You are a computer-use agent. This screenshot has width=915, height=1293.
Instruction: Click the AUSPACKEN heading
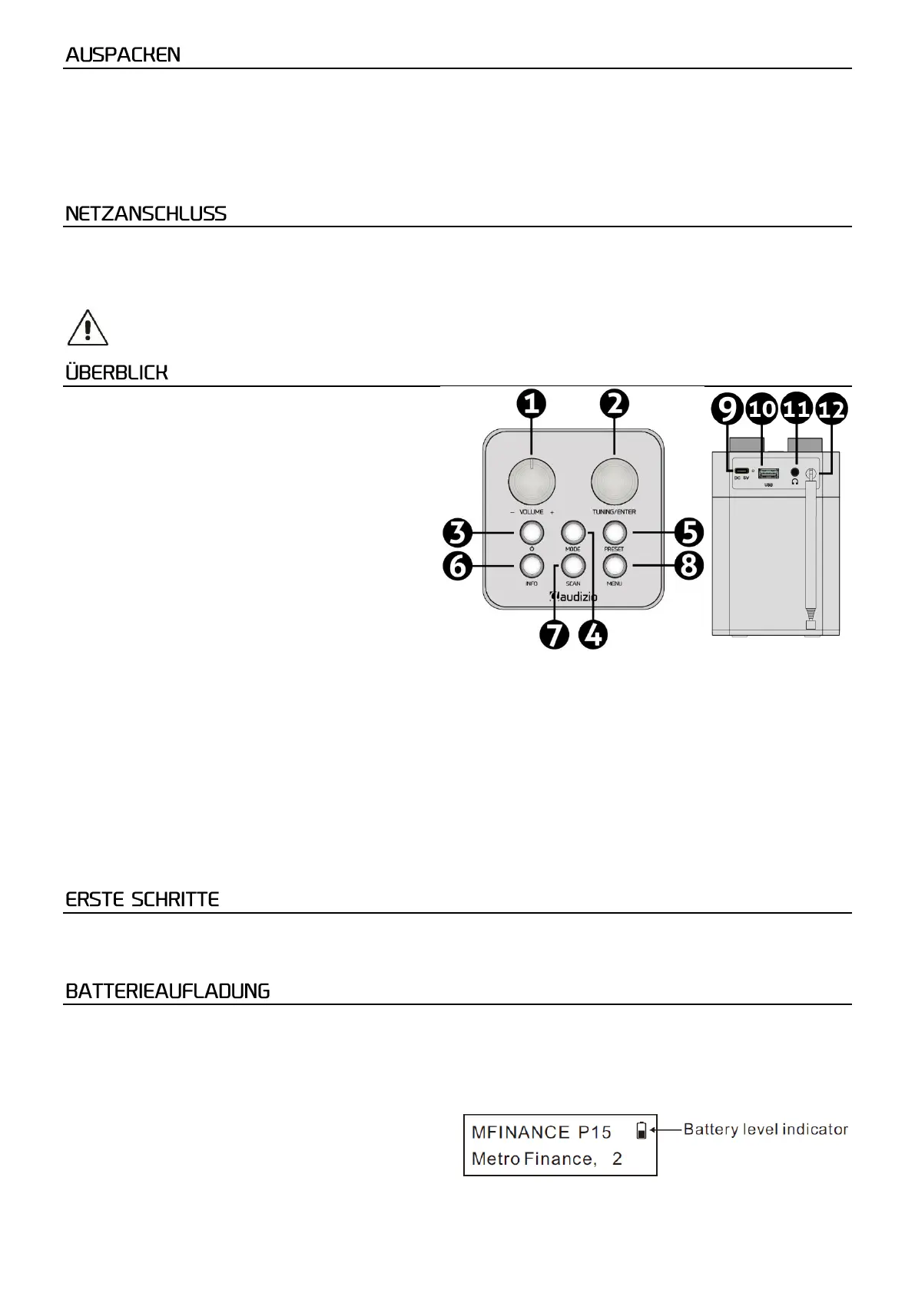coord(123,55)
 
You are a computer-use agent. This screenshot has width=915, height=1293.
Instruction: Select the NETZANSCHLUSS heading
coord(146,214)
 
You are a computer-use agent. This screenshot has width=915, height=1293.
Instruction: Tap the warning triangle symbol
coord(88,329)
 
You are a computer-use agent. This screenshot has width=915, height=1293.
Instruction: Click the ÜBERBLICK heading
coord(117,373)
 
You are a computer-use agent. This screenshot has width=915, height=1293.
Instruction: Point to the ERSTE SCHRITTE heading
coord(142,900)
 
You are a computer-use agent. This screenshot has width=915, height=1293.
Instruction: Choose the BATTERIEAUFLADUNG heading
coord(167,991)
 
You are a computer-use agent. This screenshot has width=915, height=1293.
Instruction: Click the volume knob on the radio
coord(531,482)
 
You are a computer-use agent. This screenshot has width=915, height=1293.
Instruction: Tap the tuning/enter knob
coord(614,482)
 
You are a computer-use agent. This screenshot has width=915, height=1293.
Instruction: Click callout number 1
coord(531,404)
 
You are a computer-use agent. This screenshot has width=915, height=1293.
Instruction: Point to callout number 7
coord(554,635)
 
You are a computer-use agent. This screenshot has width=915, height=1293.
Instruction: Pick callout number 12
coord(831,409)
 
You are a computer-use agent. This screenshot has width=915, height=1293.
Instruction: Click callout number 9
coord(727,409)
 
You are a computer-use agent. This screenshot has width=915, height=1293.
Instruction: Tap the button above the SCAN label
coord(572,566)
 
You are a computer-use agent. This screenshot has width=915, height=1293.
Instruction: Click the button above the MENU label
coord(615,566)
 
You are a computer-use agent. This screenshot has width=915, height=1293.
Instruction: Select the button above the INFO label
coord(531,566)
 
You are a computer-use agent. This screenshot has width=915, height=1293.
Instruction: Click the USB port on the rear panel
coord(768,473)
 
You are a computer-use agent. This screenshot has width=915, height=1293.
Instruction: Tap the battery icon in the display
coord(641,1130)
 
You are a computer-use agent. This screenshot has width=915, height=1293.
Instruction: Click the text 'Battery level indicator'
coord(765,1129)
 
